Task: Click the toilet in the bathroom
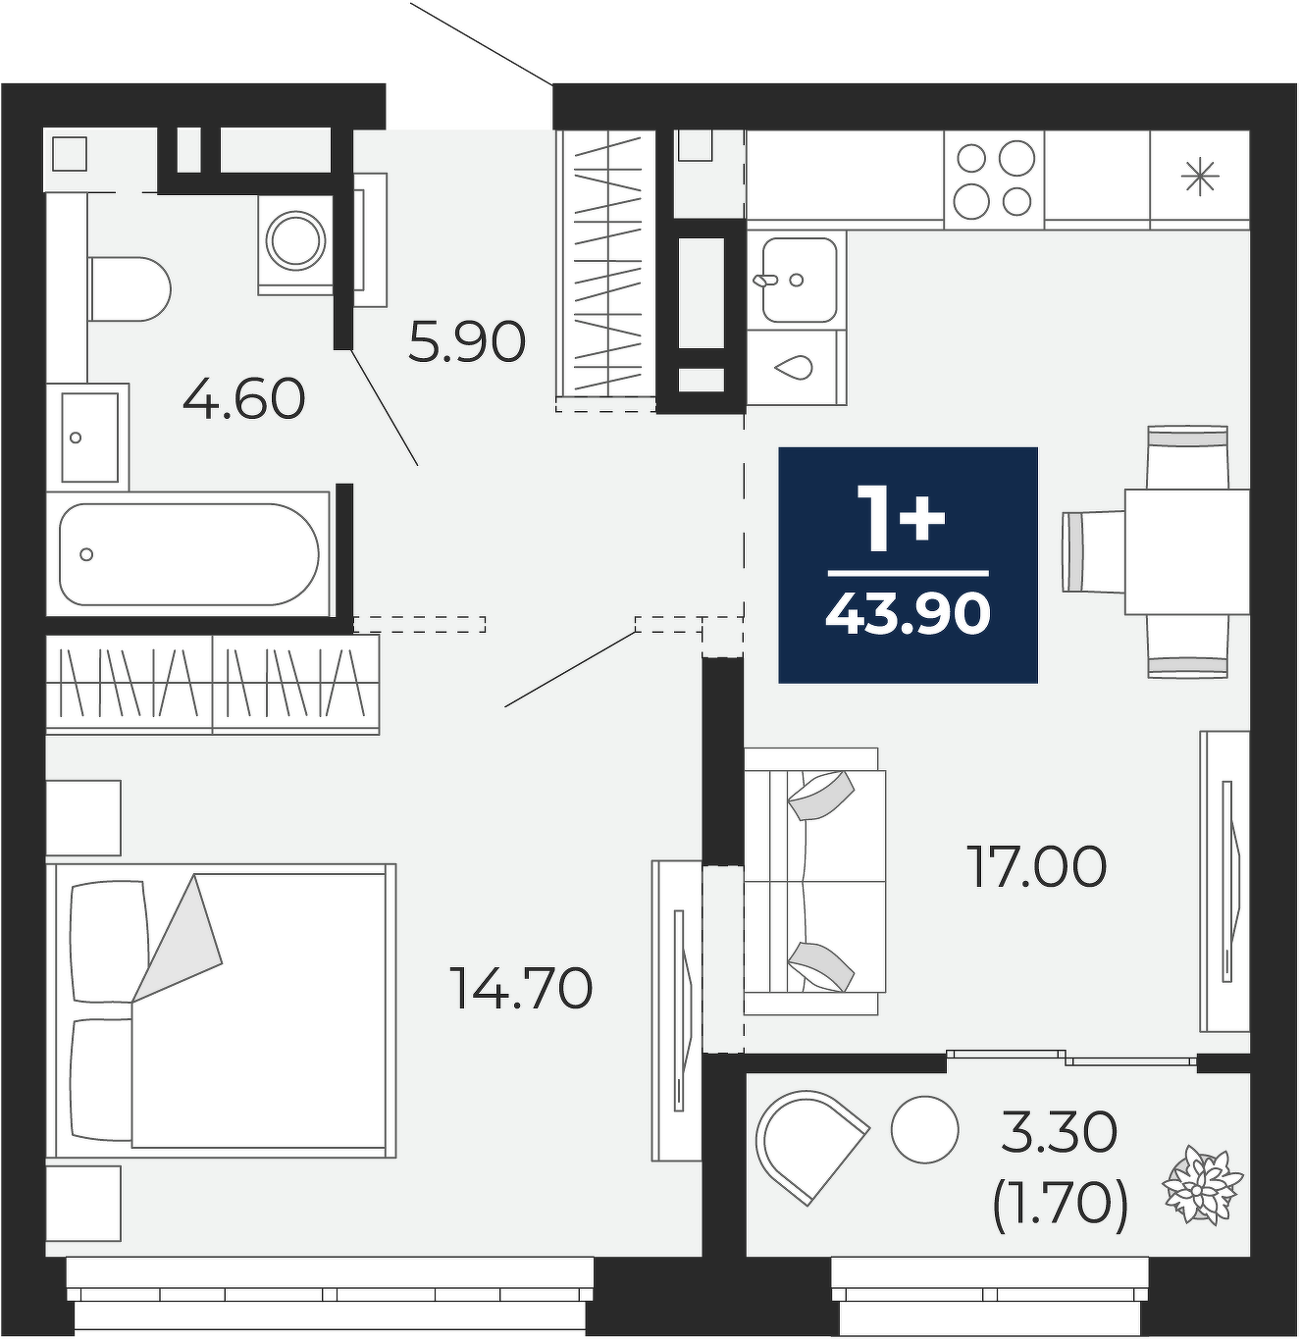tap(130, 289)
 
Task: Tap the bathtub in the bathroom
tap(189, 553)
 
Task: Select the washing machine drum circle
tap(297, 240)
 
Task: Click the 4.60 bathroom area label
tap(243, 398)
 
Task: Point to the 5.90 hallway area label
tap(467, 341)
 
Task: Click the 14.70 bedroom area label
tap(521, 988)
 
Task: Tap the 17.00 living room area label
tap(1037, 866)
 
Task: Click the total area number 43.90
tap(908, 613)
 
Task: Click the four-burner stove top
tap(994, 180)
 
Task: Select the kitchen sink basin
tap(800, 280)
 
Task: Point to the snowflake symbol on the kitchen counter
tap(1200, 177)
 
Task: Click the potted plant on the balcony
tap(1202, 1185)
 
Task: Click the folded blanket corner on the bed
tap(177, 939)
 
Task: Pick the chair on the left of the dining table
tap(1094, 551)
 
